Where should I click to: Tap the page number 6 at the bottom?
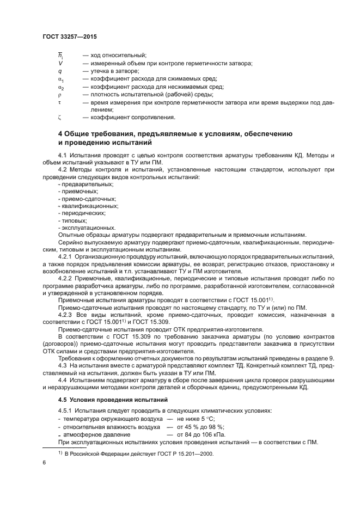point(45,462)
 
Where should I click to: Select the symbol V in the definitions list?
point(59,63)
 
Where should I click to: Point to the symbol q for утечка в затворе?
point(59,71)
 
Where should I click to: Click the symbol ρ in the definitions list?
point(59,94)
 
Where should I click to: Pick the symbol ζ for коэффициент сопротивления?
point(59,116)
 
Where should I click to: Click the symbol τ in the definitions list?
point(59,101)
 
